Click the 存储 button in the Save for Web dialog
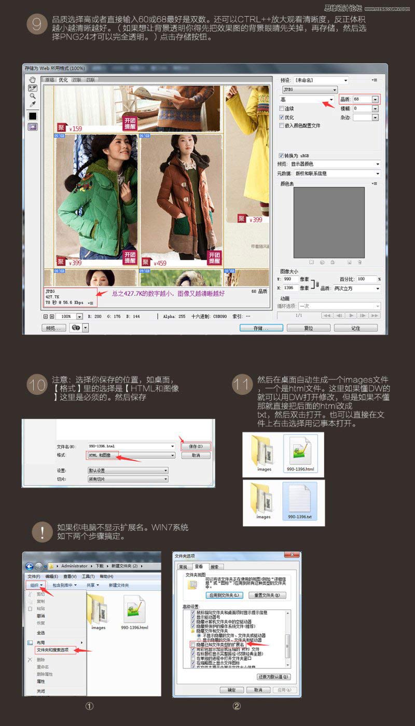coord(261,328)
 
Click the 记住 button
coord(355,328)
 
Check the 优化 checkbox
coord(281,117)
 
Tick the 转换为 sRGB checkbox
coord(281,155)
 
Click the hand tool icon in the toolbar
coord(32,79)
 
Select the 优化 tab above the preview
coord(63,80)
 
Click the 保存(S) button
coord(196,446)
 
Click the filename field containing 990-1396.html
coord(130,446)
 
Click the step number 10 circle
coord(37,385)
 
